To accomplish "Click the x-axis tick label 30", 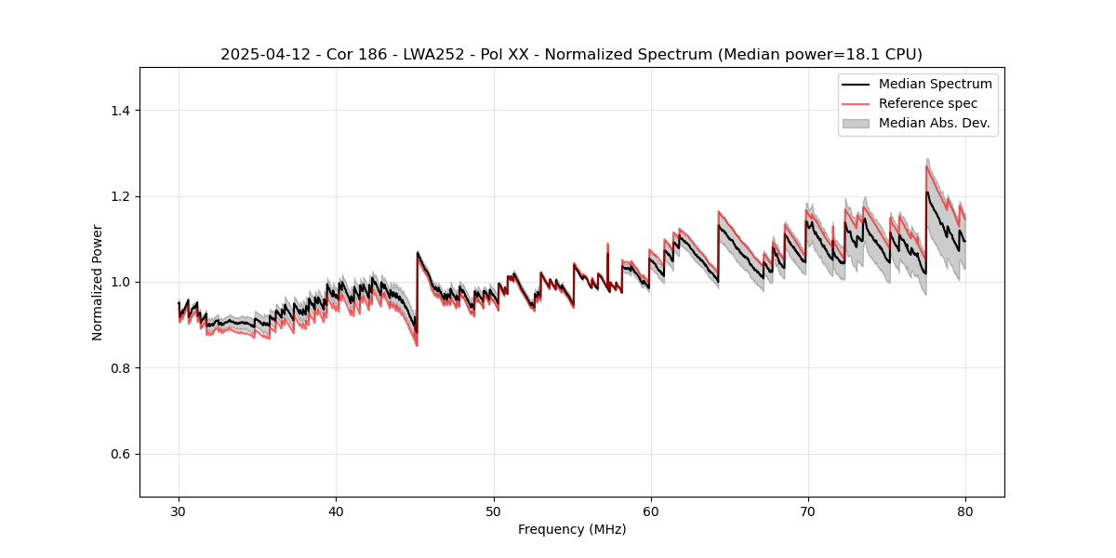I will coord(179,511).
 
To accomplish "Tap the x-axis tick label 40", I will coord(337,511).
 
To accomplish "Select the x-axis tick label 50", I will coord(494,511).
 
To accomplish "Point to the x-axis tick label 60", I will coord(651,511).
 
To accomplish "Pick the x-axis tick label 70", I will coord(808,511).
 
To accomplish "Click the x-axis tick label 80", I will coord(965,511).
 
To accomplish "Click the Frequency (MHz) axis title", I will coord(572,530).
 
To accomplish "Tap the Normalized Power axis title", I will coord(98,282).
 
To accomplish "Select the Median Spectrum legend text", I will coord(935,84).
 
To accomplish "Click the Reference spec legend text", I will coord(927,103).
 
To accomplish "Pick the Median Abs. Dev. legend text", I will coord(934,123).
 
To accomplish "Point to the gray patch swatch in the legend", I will coord(856,123).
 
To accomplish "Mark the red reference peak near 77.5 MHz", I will coord(927,166).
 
